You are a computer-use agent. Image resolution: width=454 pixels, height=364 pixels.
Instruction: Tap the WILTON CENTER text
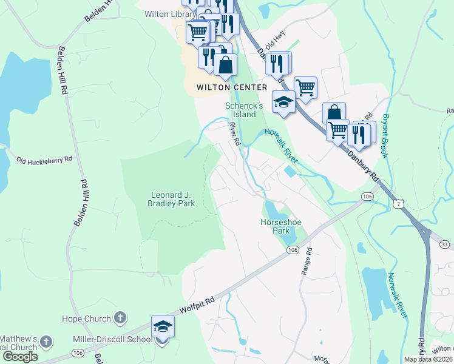[232, 87]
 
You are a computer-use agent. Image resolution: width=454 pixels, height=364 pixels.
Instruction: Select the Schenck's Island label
[244, 110]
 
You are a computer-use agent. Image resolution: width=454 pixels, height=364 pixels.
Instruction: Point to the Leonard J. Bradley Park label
[173, 199]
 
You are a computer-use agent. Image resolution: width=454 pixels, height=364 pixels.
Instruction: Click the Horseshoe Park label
[281, 226]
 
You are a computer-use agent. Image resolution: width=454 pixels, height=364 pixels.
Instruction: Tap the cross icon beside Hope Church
[120, 318]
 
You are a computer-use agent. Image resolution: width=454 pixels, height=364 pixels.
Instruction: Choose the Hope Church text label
[87, 318]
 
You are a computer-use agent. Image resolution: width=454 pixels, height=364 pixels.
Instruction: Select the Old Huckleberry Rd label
[44, 159]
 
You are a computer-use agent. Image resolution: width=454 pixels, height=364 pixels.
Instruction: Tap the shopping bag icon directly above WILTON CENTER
[225, 64]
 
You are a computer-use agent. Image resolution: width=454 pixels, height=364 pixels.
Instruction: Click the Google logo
[20, 357]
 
